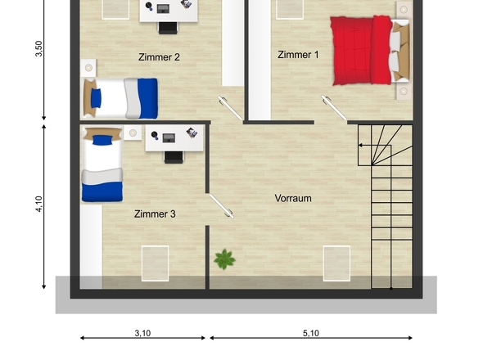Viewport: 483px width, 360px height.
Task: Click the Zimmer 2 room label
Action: tap(159, 57)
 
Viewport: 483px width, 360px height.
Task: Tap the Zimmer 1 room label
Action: tap(298, 55)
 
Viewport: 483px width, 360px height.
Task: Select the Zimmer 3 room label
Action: tap(155, 214)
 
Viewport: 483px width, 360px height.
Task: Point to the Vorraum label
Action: tap(293, 198)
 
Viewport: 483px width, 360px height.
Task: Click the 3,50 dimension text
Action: tap(38, 48)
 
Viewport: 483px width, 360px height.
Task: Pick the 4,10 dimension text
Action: tap(38, 204)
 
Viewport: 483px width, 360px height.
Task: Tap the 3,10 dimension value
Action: tap(142, 333)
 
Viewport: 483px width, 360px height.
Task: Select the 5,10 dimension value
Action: tap(311, 333)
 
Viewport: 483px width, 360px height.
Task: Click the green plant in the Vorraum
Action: tap(225, 259)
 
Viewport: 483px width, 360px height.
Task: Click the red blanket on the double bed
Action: tap(360, 50)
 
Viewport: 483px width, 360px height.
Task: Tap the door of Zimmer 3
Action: tap(222, 205)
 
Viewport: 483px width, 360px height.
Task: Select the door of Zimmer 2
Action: tap(230, 108)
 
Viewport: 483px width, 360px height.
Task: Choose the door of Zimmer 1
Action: tap(334, 107)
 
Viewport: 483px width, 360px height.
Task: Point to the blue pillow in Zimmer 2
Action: tap(96, 98)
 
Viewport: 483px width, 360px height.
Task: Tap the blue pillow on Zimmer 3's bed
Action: tap(102, 140)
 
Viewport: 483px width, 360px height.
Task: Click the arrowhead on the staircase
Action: tap(359, 145)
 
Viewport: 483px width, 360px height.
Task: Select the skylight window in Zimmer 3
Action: tap(155, 263)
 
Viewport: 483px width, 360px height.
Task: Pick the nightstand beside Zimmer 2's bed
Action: tap(88, 68)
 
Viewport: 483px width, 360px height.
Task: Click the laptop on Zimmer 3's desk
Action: tap(169, 137)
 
